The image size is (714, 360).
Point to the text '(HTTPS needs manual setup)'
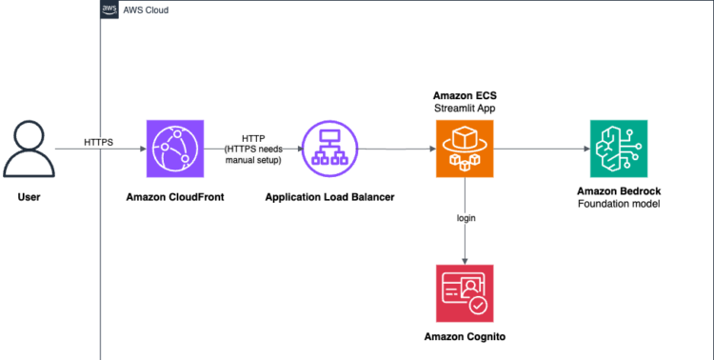pyautogui.click(x=253, y=154)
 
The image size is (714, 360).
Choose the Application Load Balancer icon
pyautogui.click(x=329, y=150)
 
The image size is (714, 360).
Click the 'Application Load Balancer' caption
pyautogui.click(x=329, y=197)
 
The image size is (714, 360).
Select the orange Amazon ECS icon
pyautogui.click(x=465, y=150)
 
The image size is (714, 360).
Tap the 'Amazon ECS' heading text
pyautogui.click(x=465, y=95)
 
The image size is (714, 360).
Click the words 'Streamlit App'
pyautogui.click(x=465, y=109)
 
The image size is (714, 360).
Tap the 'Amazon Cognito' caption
pyautogui.click(x=465, y=338)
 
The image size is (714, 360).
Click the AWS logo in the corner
pyautogui.click(x=109, y=10)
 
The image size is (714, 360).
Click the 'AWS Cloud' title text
pyautogui.click(x=145, y=10)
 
